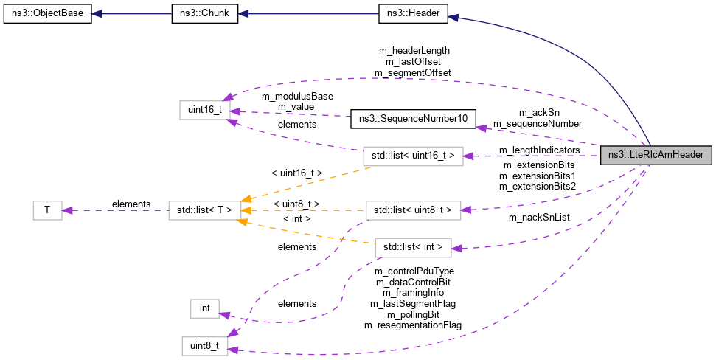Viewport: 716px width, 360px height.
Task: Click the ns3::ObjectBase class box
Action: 48,14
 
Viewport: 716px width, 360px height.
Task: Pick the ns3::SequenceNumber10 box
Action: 413,117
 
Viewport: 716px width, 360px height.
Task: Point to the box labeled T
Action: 47,210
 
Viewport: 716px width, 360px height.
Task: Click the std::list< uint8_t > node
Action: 414,210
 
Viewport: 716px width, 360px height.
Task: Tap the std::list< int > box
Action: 414,247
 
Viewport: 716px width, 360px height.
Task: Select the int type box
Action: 204,308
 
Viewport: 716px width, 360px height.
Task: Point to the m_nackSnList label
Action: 538,218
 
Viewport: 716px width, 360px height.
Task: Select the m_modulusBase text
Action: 297,97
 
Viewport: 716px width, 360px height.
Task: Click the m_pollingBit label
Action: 413,314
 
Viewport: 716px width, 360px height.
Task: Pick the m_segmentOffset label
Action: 413,72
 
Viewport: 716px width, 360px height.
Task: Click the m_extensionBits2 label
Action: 538,186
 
